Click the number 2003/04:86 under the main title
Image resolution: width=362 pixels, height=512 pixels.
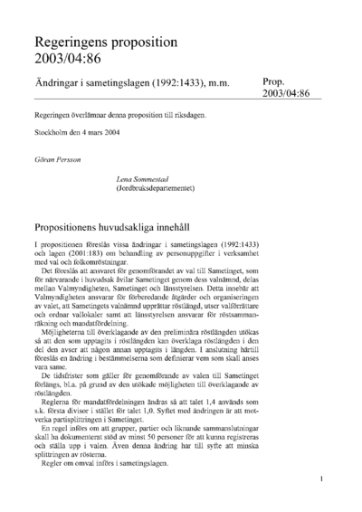point(69,60)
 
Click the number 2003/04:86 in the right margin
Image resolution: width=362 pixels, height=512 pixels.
point(286,94)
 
